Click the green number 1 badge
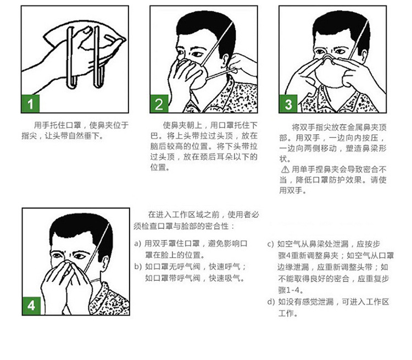tap(30, 104)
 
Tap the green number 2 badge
tap(159, 104)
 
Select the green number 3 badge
tap(288, 104)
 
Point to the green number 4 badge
tap(31, 306)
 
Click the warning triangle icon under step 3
tap(285, 170)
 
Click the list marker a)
tap(138, 243)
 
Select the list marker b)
tap(138, 267)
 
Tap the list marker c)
tap(271, 244)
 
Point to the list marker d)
tap(271, 302)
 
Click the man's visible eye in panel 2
tap(197, 54)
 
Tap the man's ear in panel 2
tap(225, 60)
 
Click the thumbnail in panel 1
tap(86, 31)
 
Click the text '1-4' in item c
tap(292, 290)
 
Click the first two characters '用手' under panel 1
tap(42, 125)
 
